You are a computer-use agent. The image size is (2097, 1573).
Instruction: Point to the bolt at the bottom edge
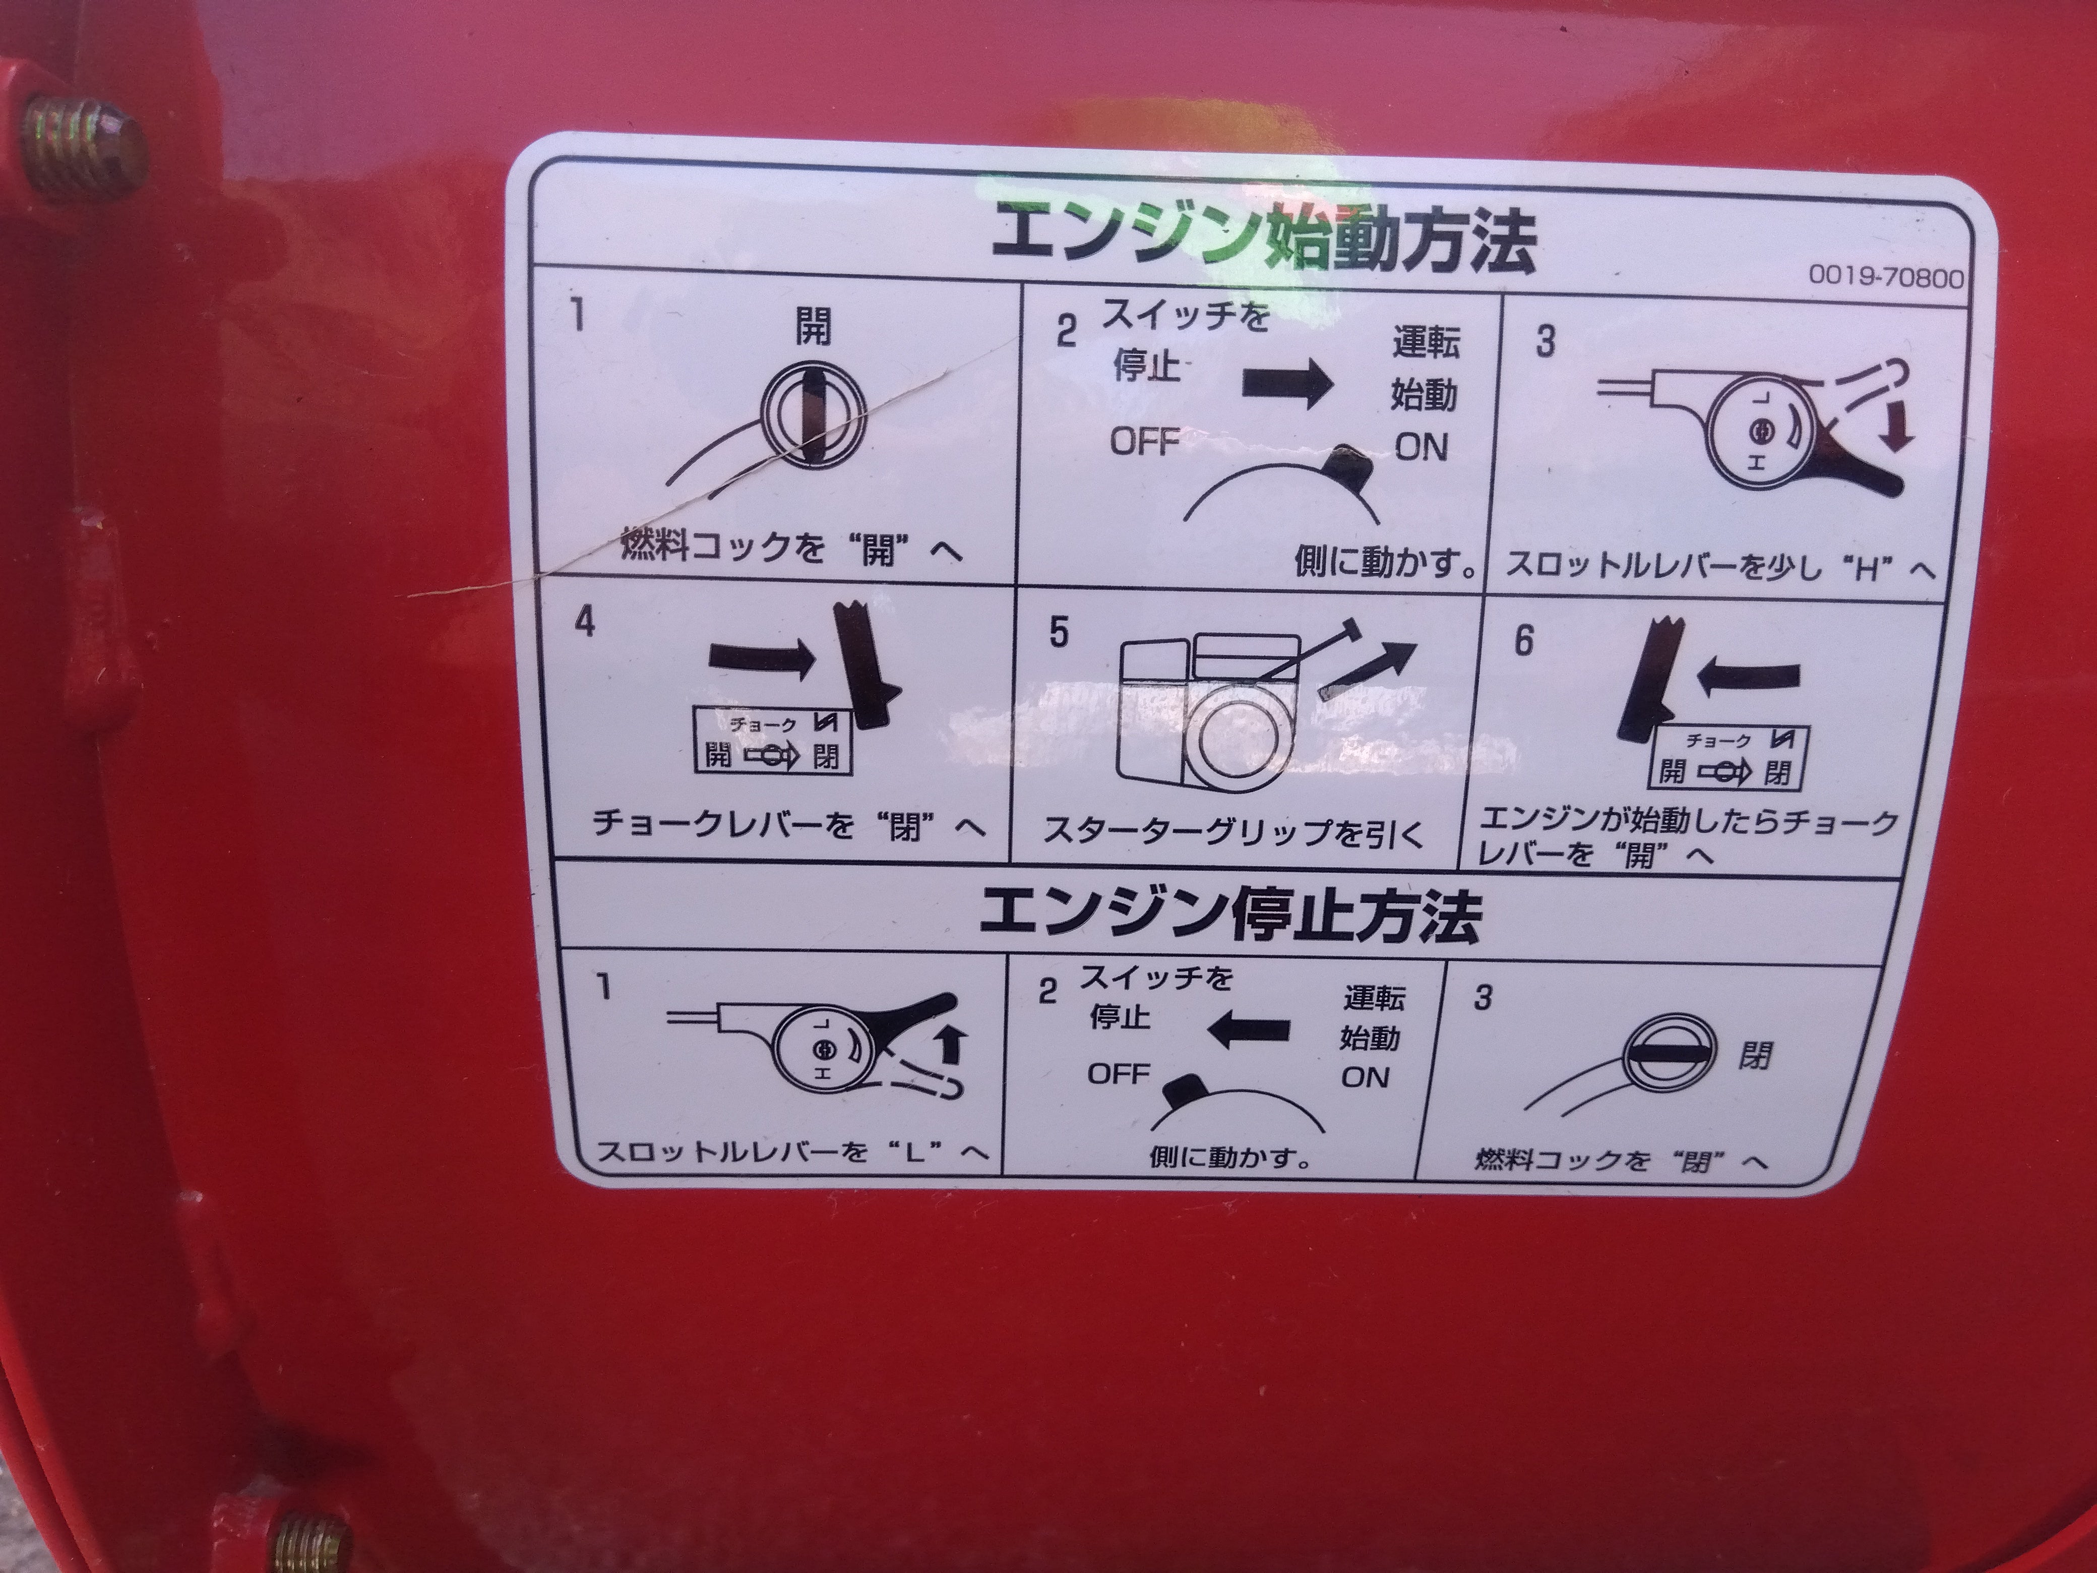(313, 1537)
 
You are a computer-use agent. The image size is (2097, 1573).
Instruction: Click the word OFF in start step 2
(1145, 442)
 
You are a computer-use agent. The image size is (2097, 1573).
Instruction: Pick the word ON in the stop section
(1365, 1077)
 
